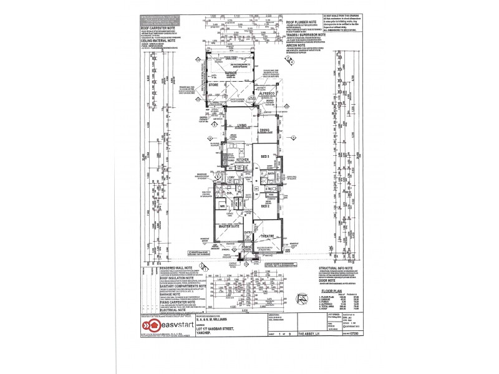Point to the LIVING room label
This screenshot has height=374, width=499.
pos(244,125)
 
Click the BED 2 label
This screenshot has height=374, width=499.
pos(265,206)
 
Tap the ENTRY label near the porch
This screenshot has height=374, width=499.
pos(248,233)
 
